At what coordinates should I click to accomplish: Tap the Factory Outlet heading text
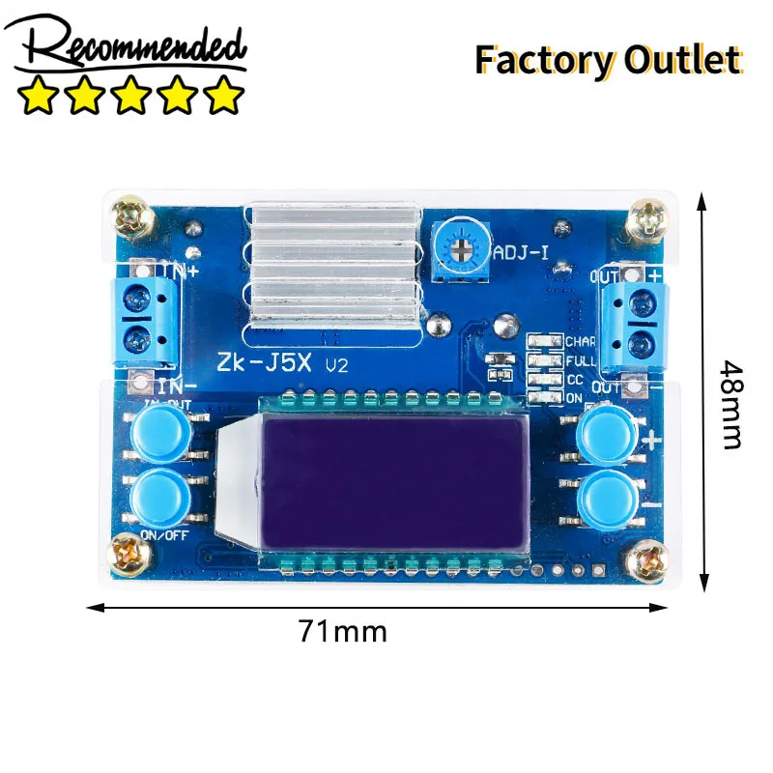coord(608,60)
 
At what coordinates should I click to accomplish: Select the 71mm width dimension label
coord(342,632)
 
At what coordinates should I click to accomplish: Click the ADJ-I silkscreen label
coord(522,254)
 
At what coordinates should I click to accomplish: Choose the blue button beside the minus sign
coord(605,499)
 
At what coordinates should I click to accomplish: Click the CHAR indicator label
coord(581,342)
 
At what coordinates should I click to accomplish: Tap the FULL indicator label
coord(581,360)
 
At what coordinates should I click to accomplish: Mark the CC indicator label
coord(574,380)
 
